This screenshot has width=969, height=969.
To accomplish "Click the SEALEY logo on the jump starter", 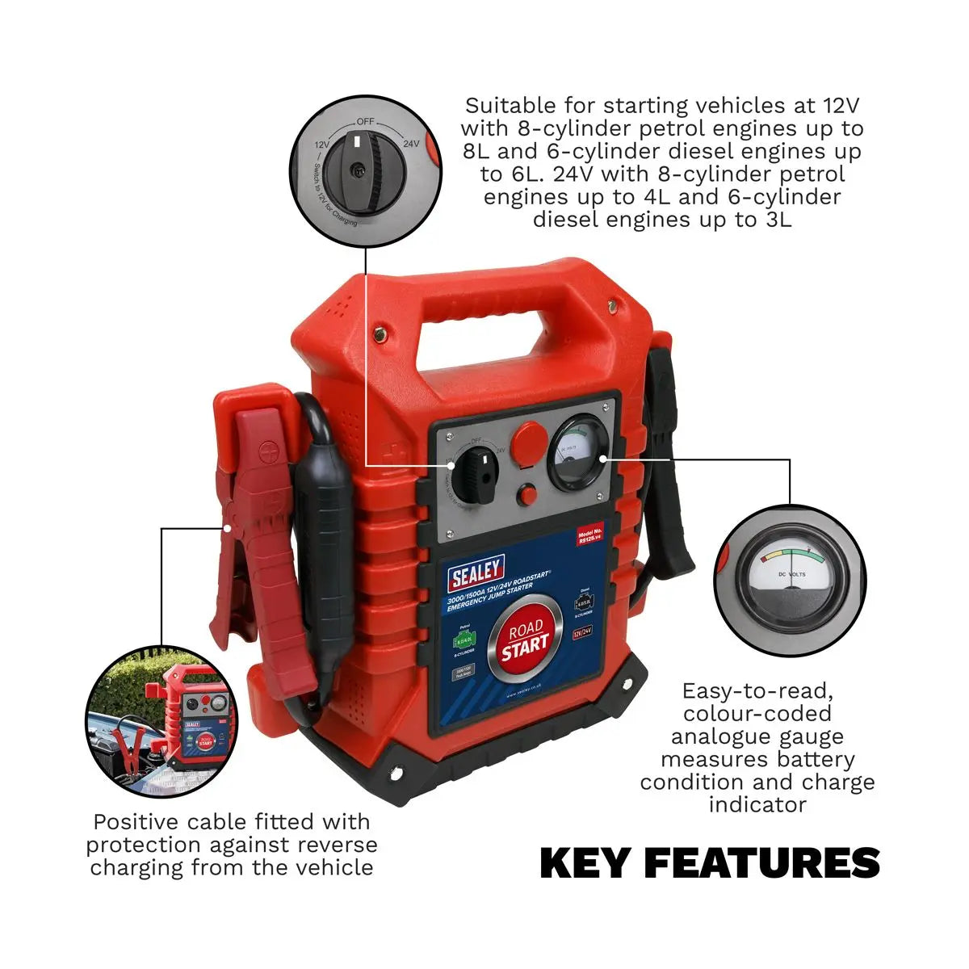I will pos(476,574).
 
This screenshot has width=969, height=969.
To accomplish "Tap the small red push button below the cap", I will pos(529,495).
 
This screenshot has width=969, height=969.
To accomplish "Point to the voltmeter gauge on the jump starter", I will pos(579,454).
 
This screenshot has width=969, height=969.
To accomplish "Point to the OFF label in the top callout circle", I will pos(366,120).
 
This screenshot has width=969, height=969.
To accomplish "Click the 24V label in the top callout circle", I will pos(410,144).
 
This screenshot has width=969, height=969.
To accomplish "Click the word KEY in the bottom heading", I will pos(584,863).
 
